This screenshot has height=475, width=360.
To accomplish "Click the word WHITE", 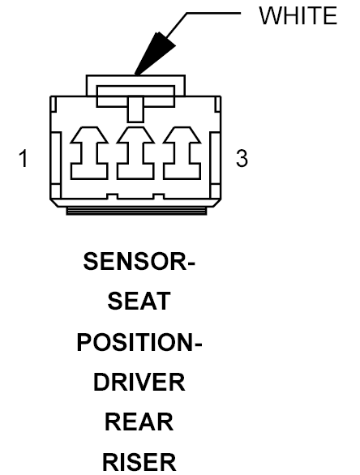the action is pos(298,15).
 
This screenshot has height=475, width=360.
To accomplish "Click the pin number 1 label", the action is pos(24,158).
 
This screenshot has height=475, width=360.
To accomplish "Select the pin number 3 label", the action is pos(242,158).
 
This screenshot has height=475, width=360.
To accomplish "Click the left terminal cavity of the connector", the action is pos(89,153).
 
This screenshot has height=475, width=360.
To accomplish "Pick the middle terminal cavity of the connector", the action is pos(135,153).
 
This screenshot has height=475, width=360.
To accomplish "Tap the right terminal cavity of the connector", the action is pos(182,153).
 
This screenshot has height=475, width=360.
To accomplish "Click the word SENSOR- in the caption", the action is pos(139,261).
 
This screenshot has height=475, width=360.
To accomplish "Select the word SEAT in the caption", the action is pos(139,301).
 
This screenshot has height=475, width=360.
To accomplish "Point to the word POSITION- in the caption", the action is pos(139,342).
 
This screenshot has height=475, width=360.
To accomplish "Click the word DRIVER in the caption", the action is pos(139,383).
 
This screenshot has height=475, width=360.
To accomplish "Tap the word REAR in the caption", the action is pos(139,422).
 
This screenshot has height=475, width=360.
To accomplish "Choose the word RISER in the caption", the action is pos(139,462).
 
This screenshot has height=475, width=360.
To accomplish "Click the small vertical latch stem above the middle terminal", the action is pos(135,109).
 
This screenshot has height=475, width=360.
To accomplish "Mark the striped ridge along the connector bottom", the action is pos(136,211).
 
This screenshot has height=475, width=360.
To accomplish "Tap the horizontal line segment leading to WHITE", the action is pos(213,13).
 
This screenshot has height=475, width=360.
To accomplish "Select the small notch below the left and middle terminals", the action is pos(113,196).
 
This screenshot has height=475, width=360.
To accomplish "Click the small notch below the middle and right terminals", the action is pos(159,196).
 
